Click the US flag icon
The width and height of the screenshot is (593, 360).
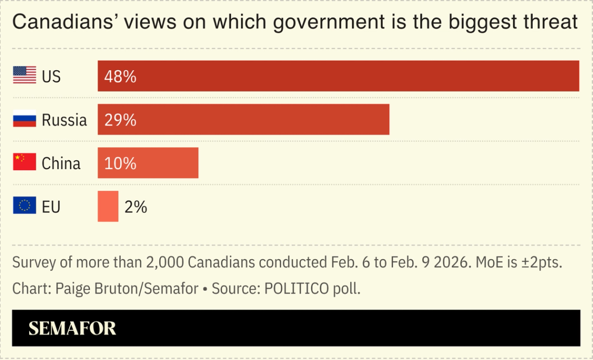point(24,76)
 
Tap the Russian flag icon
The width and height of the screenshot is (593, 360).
point(24,120)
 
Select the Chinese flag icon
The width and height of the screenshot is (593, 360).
point(24,163)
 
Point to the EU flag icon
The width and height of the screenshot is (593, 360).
point(24,207)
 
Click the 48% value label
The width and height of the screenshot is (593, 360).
point(120,76)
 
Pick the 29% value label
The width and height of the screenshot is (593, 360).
point(120,120)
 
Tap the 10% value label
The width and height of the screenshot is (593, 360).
point(120,163)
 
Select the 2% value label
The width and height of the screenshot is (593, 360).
point(136,207)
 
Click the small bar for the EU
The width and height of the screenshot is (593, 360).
point(108,207)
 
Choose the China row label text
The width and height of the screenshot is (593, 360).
point(61,164)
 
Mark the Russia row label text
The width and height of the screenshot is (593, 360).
point(64,120)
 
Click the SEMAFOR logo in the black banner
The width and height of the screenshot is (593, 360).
point(72,328)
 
